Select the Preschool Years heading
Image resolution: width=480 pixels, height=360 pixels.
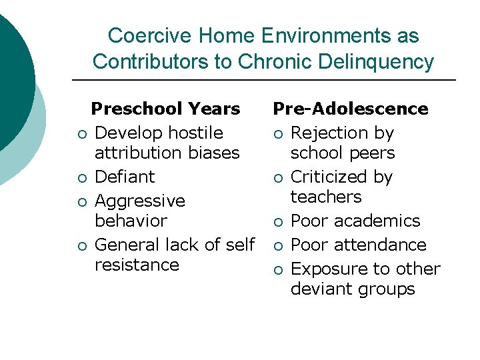tap(165, 109)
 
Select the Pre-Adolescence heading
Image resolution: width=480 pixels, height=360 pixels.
tap(351, 109)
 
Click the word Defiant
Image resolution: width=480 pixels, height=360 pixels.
tap(125, 177)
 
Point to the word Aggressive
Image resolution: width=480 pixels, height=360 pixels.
tap(140, 201)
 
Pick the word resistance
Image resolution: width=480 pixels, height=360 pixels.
tap(137, 265)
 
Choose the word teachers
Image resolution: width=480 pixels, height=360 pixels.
tap(326, 197)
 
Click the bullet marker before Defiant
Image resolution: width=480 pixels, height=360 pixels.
tap(80, 178)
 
